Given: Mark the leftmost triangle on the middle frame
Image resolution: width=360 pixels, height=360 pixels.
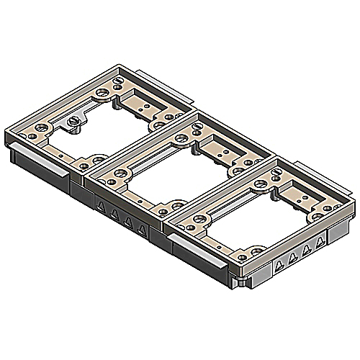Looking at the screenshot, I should [x=101, y=207].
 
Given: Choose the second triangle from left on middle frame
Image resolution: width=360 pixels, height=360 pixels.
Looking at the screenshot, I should [x=114, y=214].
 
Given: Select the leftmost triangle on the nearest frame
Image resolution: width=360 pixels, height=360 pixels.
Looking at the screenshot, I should [x=275, y=263].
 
